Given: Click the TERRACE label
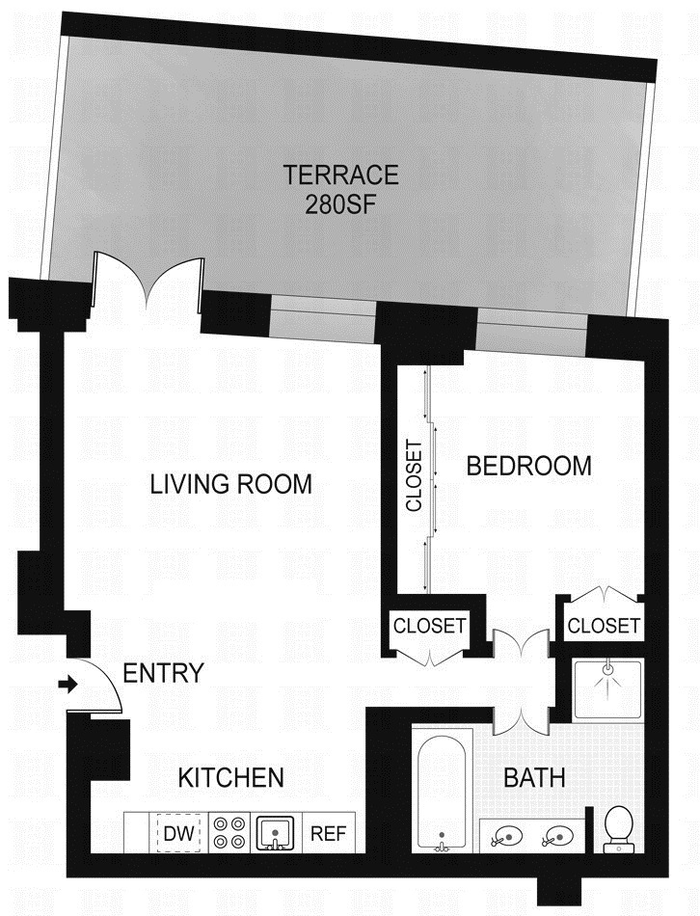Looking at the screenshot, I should (x=339, y=175).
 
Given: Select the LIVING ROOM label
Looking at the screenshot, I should (x=231, y=483).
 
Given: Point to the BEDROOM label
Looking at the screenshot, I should (x=528, y=466).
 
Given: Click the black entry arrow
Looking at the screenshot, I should (x=67, y=686).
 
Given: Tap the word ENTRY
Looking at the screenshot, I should (x=163, y=673).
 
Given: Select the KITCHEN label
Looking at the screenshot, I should (x=231, y=777).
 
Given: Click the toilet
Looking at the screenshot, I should (x=617, y=829).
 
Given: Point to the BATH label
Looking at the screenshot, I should (x=535, y=777).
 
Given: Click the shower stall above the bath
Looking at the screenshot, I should (x=607, y=688).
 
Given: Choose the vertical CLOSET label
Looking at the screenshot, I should (x=414, y=476).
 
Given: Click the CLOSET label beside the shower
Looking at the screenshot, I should (x=604, y=626).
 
